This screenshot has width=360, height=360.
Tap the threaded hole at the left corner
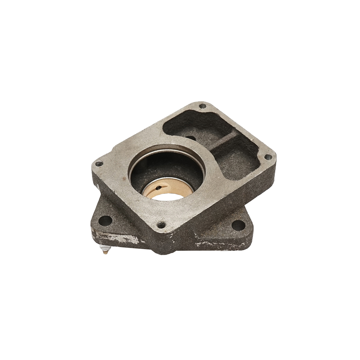pos(99,163)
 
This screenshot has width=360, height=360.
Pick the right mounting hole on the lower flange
pos(238,224)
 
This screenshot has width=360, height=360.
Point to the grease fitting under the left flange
pos(106,249)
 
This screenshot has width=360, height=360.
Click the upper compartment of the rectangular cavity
pos(192,126)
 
